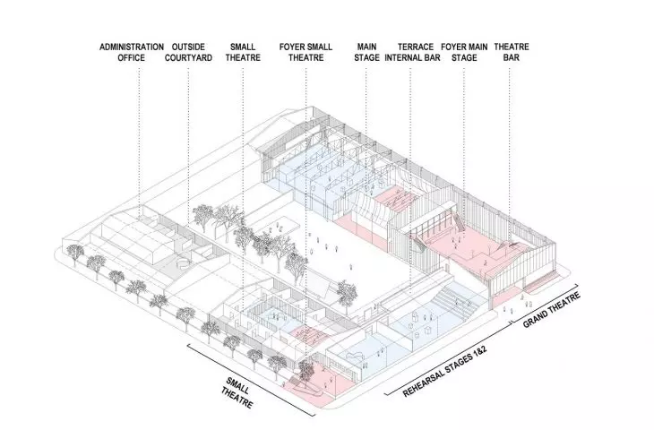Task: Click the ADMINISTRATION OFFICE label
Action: (x=132, y=52)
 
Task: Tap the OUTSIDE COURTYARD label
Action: (x=188, y=52)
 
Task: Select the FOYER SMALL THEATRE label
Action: (x=305, y=52)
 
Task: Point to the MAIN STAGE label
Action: (x=366, y=52)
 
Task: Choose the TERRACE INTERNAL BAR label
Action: (x=412, y=52)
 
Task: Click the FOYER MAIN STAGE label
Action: (x=464, y=52)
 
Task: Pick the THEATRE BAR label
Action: (x=512, y=52)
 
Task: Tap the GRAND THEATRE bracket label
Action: (x=551, y=310)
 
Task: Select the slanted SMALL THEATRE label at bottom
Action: (x=237, y=392)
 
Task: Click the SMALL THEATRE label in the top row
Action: (x=243, y=52)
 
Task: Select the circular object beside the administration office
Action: (x=182, y=263)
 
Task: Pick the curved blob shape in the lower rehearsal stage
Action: (x=354, y=357)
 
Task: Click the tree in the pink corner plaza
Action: (x=305, y=367)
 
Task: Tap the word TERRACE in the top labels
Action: (x=416, y=47)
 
